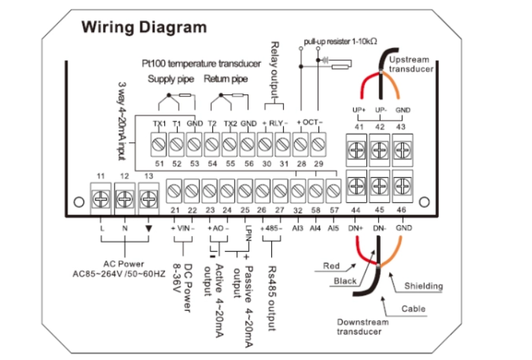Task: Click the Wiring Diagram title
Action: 143,28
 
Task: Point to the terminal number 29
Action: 318,163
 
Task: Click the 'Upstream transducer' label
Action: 411,64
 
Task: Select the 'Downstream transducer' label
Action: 363,327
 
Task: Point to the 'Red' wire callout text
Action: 332,266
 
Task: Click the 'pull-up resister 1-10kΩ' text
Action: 340,41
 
